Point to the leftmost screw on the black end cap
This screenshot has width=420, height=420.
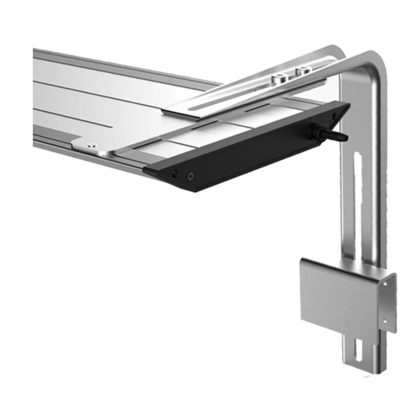pyautogui.click(x=174, y=174)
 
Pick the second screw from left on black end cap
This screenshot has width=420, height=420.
pyautogui.click(x=190, y=176)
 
